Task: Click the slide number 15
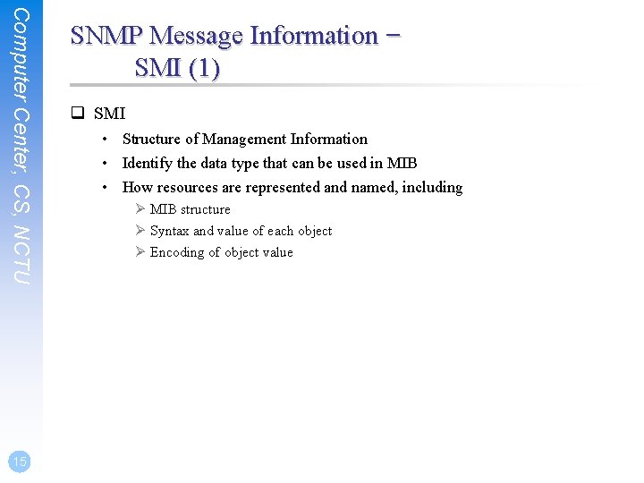[x=20, y=461]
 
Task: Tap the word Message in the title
[x=197, y=36]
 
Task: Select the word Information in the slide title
[x=314, y=36]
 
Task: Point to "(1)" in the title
[x=203, y=68]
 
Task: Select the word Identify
[x=148, y=163]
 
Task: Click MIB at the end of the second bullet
[x=402, y=163]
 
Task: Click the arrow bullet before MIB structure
[x=140, y=209]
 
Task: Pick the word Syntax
[x=169, y=231]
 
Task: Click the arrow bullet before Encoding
[x=140, y=252]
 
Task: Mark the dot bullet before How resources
[x=106, y=187]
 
